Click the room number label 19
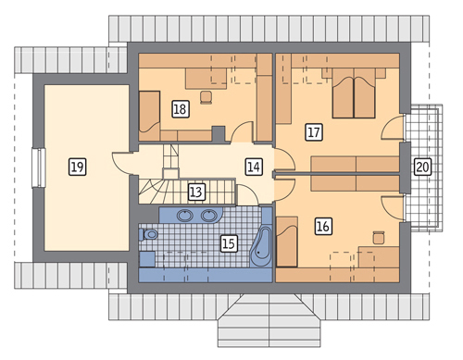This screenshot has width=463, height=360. (x=77, y=167)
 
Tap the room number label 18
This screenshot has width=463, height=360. (x=181, y=109)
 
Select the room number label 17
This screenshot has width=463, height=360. (x=314, y=132)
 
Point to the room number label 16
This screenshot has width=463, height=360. (x=323, y=227)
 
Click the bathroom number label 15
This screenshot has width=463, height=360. (x=229, y=244)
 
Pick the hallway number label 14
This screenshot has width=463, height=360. (x=254, y=167)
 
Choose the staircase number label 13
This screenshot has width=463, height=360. (x=196, y=192)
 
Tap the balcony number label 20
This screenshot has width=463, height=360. (x=422, y=167)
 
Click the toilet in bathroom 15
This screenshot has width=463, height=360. (x=148, y=235)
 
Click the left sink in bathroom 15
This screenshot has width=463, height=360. (x=185, y=216)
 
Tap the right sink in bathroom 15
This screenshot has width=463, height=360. (x=209, y=216)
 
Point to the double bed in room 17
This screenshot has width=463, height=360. (x=354, y=93)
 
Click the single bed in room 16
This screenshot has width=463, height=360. (x=287, y=242)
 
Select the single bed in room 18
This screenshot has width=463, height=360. (x=149, y=116)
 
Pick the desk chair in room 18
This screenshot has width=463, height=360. (x=206, y=97)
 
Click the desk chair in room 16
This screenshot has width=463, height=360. (x=378, y=237)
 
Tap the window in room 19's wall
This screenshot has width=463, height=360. (x=39, y=168)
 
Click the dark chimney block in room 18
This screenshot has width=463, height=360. (x=219, y=134)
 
